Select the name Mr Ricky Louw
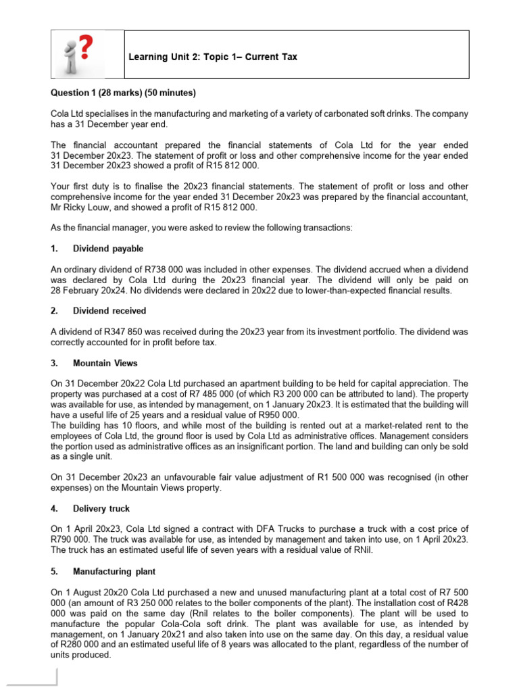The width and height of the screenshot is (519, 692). [79, 207]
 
